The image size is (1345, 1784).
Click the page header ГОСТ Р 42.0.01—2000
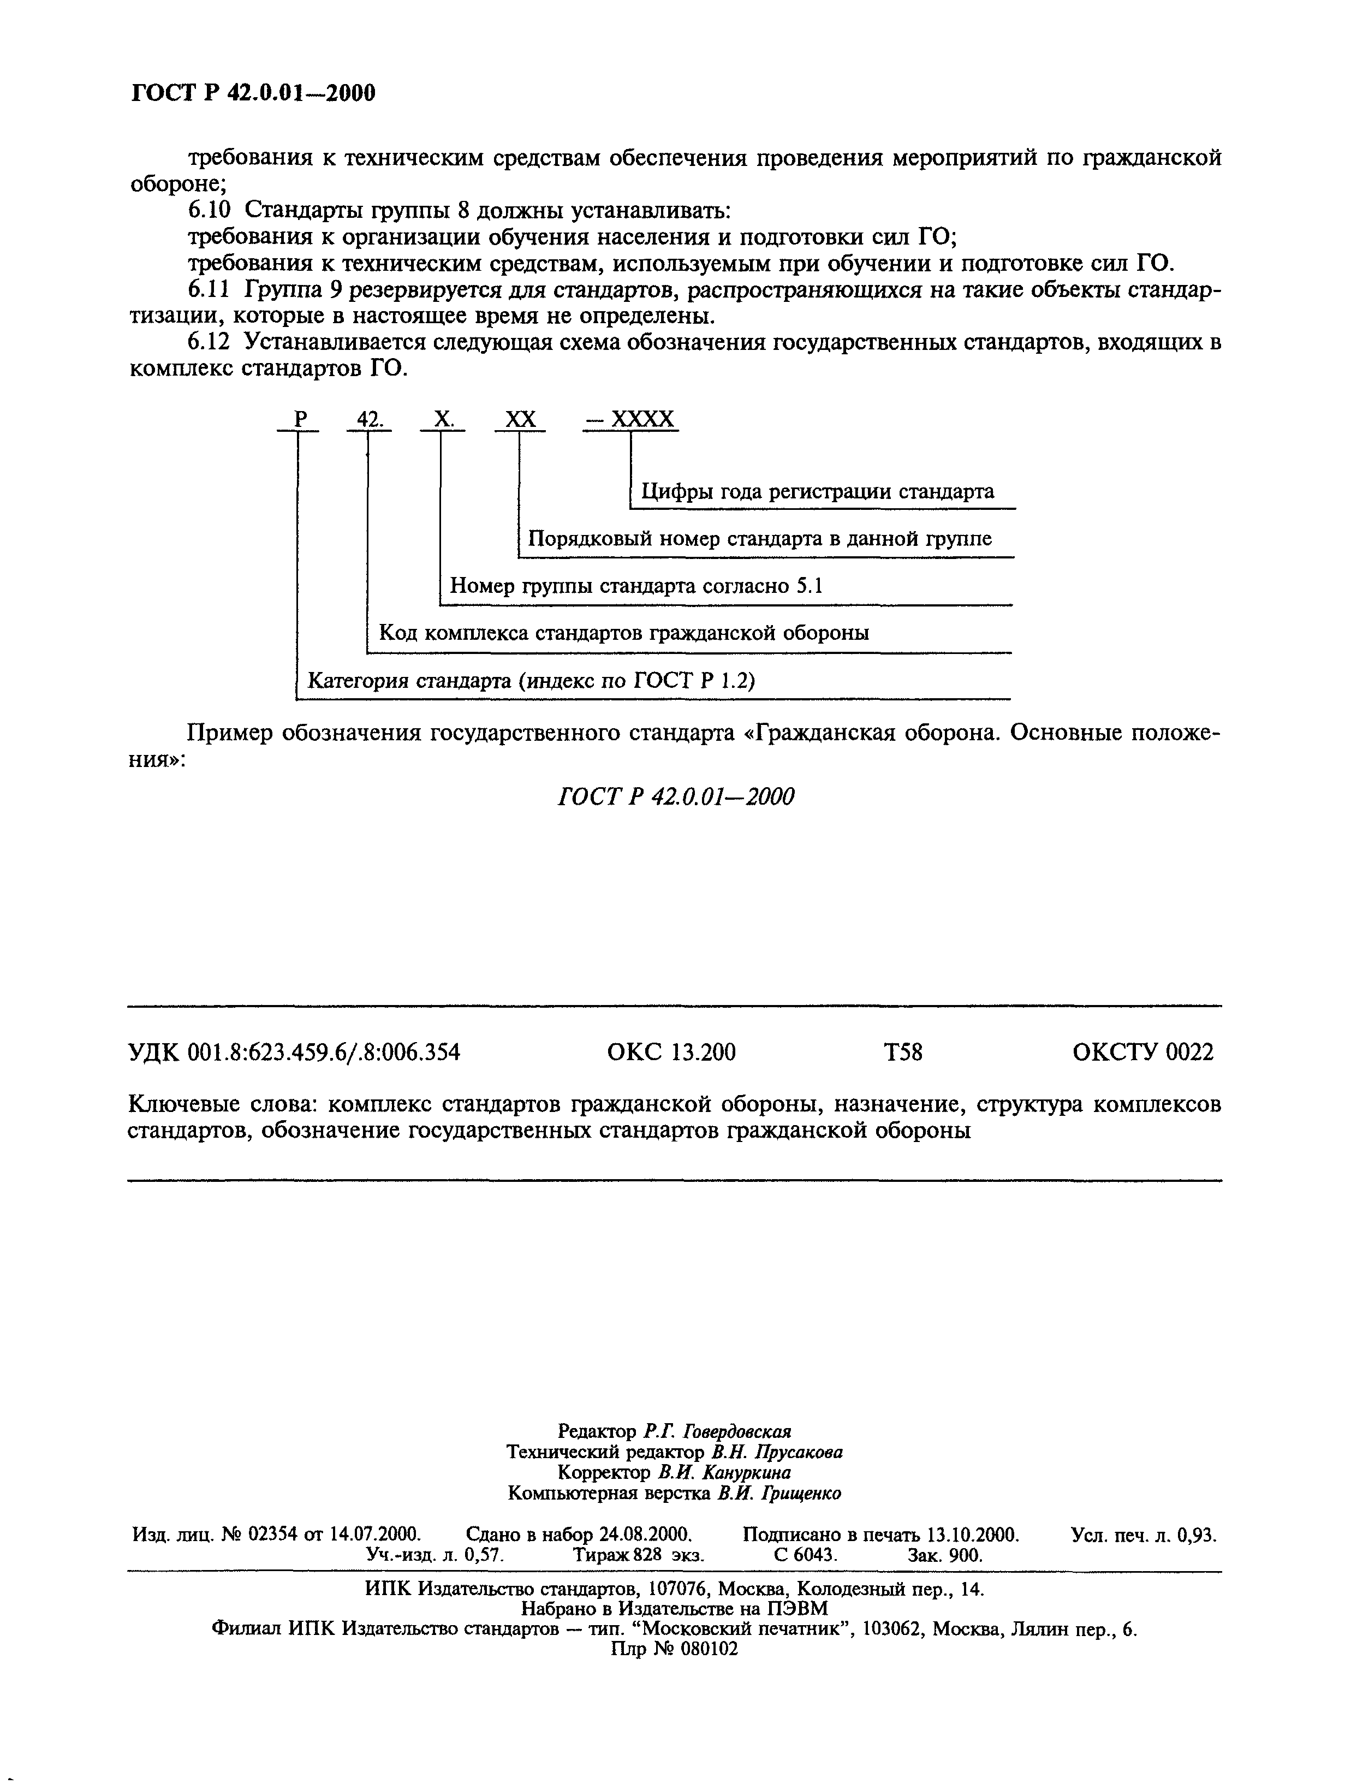(253, 93)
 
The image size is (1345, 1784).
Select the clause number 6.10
(209, 211)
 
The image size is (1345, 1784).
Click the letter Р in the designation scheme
(301, 419)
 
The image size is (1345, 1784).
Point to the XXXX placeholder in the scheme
(642, 419)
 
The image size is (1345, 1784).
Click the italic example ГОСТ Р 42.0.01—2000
(676, 797)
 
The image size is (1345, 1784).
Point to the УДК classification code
(294, 1052)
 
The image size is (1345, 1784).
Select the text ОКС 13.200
(671, 1052)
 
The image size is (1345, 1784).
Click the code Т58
(902, 1052)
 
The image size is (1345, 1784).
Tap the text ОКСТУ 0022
(1142, 1052)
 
